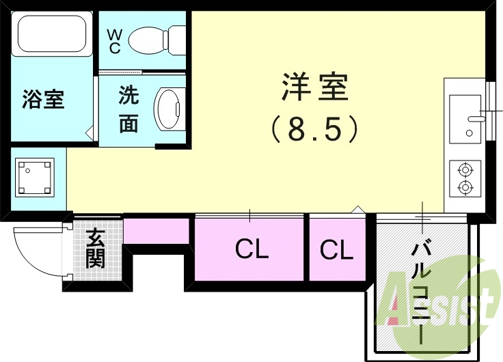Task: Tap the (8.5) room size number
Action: coord(315,128)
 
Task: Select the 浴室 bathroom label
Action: coord(43,100)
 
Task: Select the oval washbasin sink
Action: coord(167,109)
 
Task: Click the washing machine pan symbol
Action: coord(33,177)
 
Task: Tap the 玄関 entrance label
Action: coord(95,249)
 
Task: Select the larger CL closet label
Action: coord(251,250)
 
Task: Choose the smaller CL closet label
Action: coord(336,250)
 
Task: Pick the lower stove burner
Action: coord(465,186)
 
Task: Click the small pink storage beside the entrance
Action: coord(156,230)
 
